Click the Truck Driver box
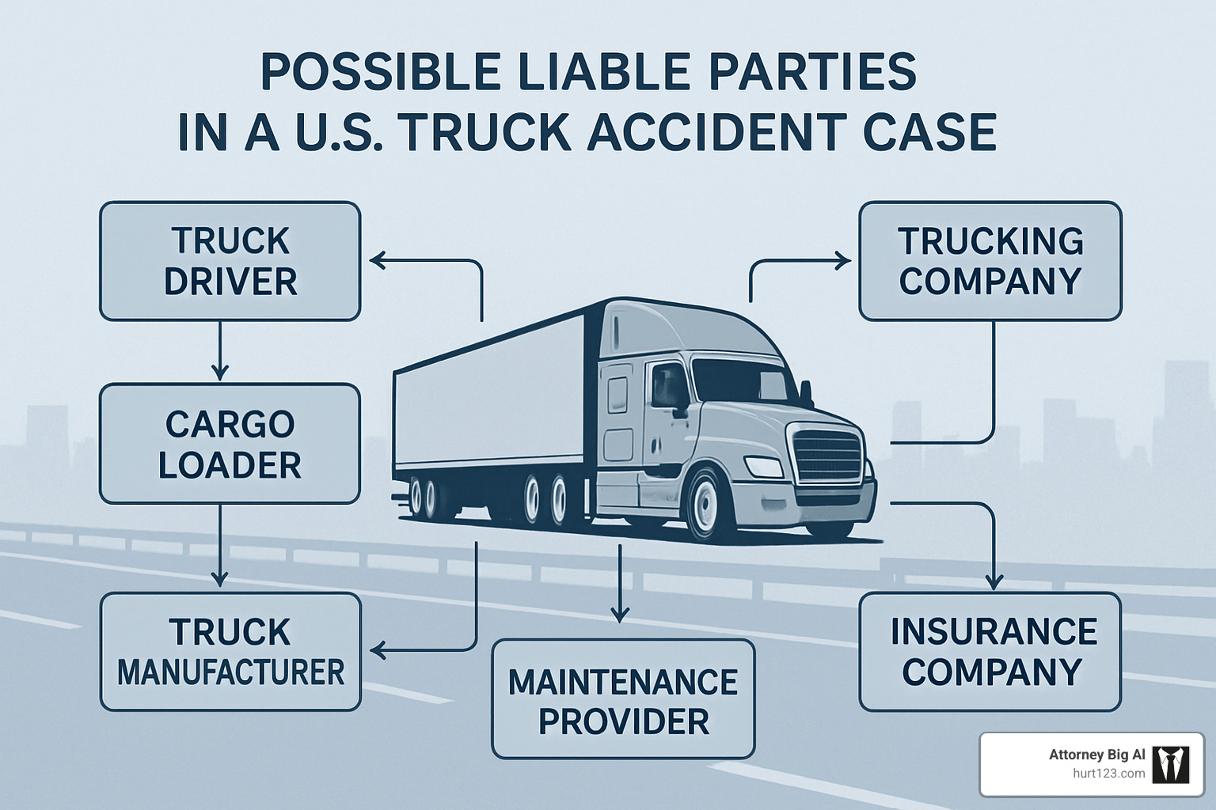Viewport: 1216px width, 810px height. click(230, 261)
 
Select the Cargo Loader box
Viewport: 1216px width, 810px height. click(230, 444)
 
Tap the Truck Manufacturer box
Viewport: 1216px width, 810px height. click(230, 652)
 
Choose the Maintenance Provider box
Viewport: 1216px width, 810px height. click(623, 699)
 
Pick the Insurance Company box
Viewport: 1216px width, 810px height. click(990, 652)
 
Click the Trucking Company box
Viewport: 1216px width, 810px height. click(990, 261)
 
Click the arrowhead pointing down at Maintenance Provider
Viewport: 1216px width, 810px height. click(620, 613)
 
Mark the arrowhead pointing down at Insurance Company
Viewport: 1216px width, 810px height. click(993, 581)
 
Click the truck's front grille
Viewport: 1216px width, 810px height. click(827, 454)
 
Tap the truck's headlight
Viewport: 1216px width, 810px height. click(763, 467)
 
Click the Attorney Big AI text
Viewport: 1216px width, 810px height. click(1096, 755)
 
